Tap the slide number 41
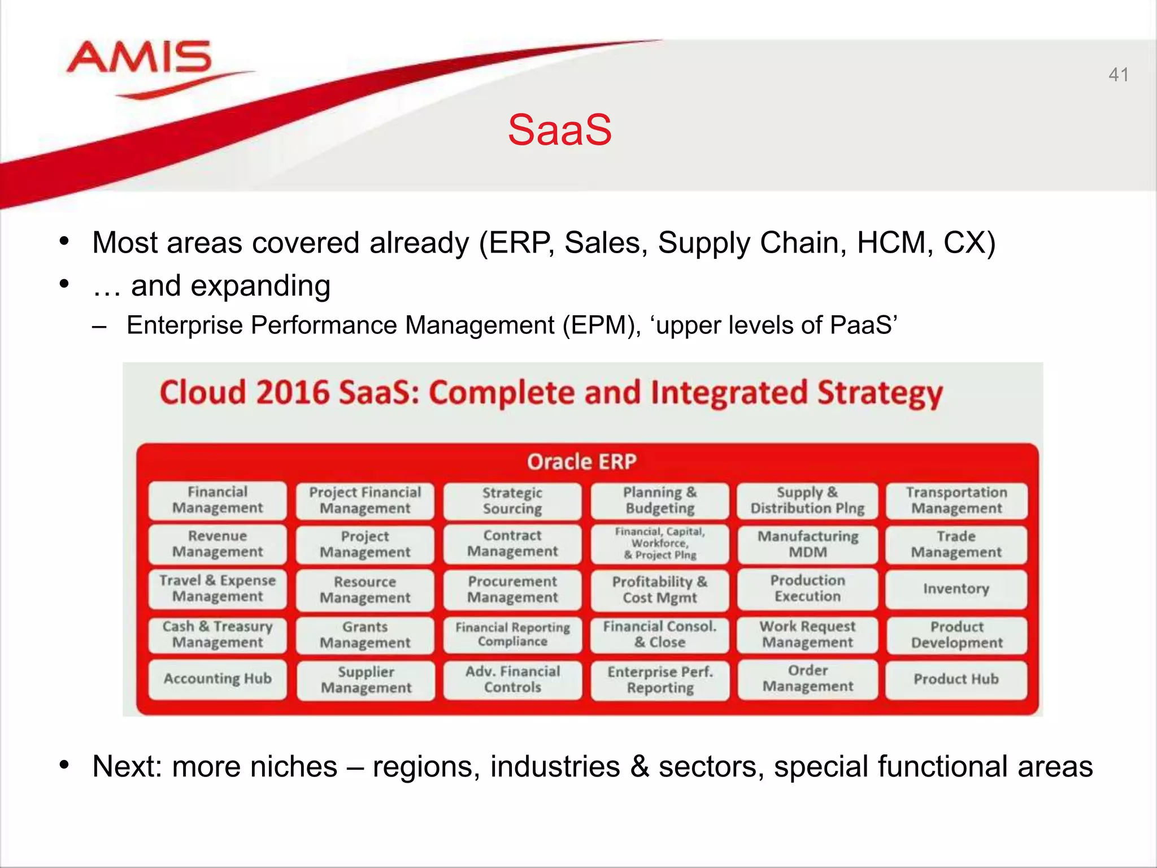1119,75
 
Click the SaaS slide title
559,130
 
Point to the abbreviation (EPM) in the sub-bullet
601,325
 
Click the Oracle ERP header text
582,462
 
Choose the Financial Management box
218,500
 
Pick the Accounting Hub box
218,679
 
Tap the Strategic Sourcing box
512,501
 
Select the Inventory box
956,589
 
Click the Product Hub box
956,679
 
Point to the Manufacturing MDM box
808,544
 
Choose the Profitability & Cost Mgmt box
660,589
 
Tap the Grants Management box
365,635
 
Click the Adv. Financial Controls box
512,679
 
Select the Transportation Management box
956,500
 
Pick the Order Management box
808,678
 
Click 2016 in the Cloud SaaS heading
292,393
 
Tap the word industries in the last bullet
555,767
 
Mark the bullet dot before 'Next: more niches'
64,766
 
